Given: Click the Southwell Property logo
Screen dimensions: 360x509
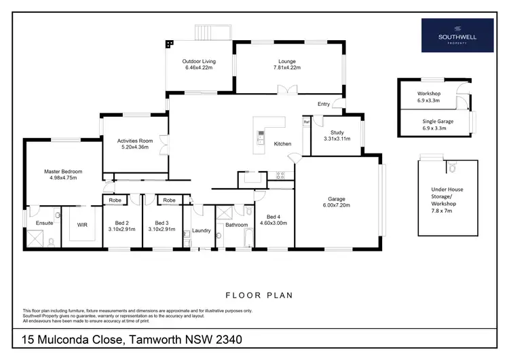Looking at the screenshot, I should pyautogui.click(x=457, y=35).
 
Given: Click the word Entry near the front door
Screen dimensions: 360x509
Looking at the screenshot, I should pyautogui.click(x=324, y=104).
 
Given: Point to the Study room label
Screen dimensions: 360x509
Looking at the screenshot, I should pyautogui.click(x=337, y=132).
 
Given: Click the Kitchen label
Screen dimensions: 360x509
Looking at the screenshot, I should pyautogui.click(x=282, y=144).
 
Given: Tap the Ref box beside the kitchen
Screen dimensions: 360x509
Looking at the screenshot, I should pyautogui.click(x=306, y=122).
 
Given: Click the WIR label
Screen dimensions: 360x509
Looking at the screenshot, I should pyautogui.click(x=83, y=223).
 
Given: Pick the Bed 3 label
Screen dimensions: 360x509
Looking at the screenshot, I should pyautogui.click(x=161, y=223).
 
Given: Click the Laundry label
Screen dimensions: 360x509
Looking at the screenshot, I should pyautogui.click(x=201, y=230).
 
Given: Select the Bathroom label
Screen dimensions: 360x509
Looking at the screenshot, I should pyautogui.click(x=237, y=224).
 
